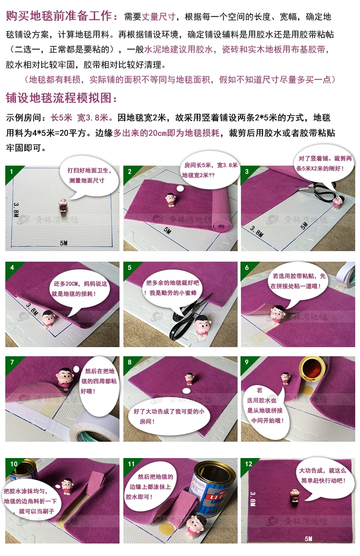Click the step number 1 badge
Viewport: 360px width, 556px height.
(12, 171)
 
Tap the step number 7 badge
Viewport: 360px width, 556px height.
(12, 362)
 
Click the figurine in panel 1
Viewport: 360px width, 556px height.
(63, 205)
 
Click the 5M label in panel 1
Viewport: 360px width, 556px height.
(63, 243)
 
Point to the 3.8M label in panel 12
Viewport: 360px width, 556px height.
(253, 498)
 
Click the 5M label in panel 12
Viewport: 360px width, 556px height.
(308, 539)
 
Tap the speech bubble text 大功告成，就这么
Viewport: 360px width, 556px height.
(323, 471)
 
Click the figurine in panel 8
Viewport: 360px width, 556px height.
(190, 379)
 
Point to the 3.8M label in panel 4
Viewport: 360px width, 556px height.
(32, 310)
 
